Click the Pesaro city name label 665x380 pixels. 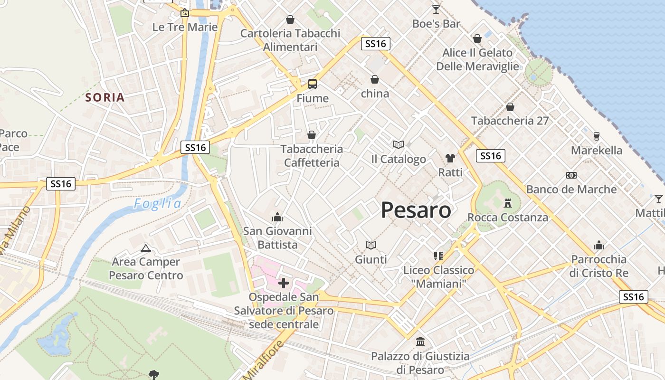(416, 210)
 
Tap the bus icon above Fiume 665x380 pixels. (312, 84)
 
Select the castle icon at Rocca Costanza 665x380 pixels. (508, 203)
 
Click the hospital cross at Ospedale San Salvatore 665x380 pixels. (284, 283)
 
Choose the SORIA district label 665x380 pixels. (105, 98)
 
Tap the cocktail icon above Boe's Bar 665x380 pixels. (436, 9)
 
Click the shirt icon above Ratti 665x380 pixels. (450, 158)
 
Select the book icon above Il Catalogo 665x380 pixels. (399, 144)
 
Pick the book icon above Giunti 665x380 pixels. (371, 245)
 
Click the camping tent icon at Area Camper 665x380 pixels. (145, 247)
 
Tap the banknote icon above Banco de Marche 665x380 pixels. (571, 175)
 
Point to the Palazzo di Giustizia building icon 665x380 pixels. (420, 342)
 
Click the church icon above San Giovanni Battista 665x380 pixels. (277, 217)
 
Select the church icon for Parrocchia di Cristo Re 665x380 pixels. (599, 245)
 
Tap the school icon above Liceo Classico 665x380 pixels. (438, 256)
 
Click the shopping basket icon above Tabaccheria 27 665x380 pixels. (510, 107)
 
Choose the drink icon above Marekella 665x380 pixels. (597, 136)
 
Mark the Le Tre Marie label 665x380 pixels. (185, 27)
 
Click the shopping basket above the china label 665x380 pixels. (375, 79)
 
